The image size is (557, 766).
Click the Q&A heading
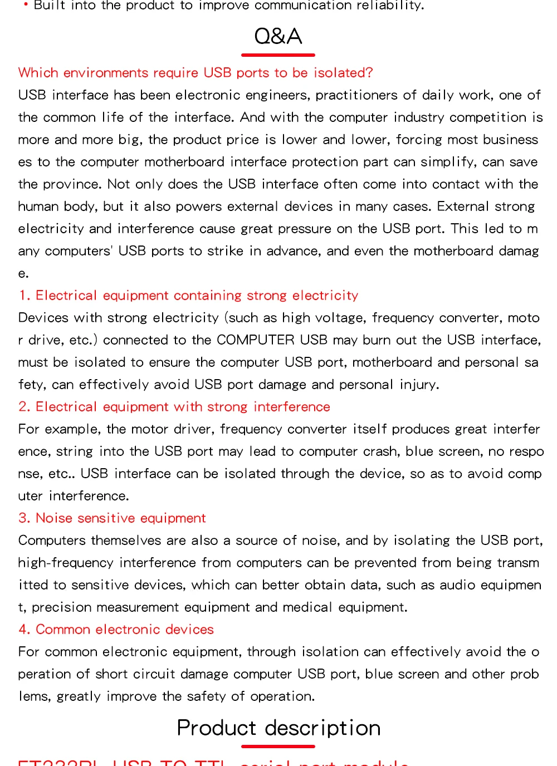coord(278,37)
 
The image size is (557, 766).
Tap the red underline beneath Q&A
coord(278,55)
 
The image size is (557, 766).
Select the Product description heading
coord(278,728)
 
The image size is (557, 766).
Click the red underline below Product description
coord(278,746)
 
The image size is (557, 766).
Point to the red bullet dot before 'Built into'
coord(26,4)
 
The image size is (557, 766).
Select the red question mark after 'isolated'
coord(369,73)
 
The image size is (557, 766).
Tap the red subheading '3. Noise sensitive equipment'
coord(112,518)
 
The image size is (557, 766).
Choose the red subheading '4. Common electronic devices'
coord(116,630)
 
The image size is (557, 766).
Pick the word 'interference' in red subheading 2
coord(291,407)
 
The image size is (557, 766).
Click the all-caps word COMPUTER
coord(255,340)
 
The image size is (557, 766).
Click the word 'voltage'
coord(340,318)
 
